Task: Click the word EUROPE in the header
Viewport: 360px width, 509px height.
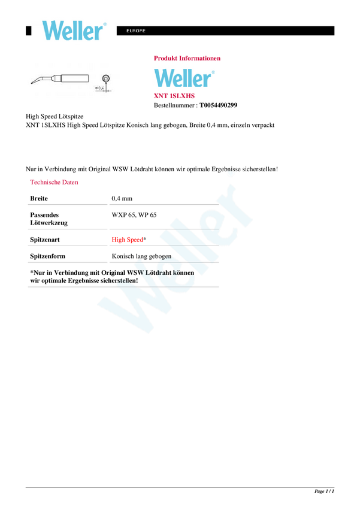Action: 136,31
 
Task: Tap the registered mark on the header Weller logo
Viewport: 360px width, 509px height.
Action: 105,24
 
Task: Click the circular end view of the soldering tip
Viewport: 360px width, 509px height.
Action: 106,78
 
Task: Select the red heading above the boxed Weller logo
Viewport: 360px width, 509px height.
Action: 187,58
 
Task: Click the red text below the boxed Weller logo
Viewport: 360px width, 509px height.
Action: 174,96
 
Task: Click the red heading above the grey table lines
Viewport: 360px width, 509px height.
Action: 55,181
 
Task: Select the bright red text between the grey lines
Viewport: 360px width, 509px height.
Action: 126,240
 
